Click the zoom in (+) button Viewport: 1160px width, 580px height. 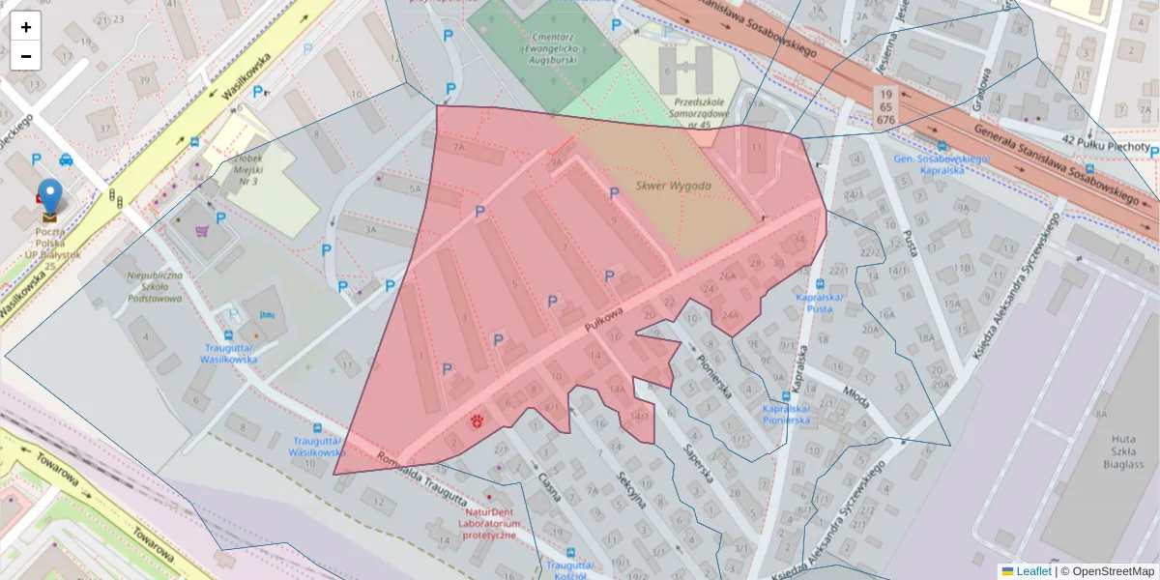(x=26, y=27)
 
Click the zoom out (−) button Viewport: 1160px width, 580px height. (x=26, y=56)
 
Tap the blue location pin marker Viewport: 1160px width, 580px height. (x=49, y=196)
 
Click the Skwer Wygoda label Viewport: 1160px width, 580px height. (x=674, y=186)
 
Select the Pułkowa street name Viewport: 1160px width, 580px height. (x=603, y=320)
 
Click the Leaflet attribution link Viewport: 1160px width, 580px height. (x=1033, y=571)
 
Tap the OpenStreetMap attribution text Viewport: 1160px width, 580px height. (x=1108, y=571)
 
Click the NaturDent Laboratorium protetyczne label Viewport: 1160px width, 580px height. (x=492, y=523)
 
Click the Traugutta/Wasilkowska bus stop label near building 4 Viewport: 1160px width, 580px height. (x=230, y=353)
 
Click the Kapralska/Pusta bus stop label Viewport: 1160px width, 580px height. (x=819, y=303)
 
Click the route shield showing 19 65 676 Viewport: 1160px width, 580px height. (x=884, y=106)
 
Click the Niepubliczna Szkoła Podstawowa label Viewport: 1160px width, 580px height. (x=155, y=286)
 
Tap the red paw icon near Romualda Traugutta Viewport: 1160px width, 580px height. (x=477, y=420)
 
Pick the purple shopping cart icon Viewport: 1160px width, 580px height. (x=202, y=231)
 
